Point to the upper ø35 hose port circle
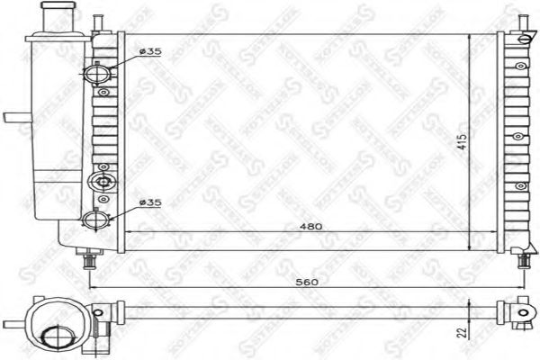[97, 72]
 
